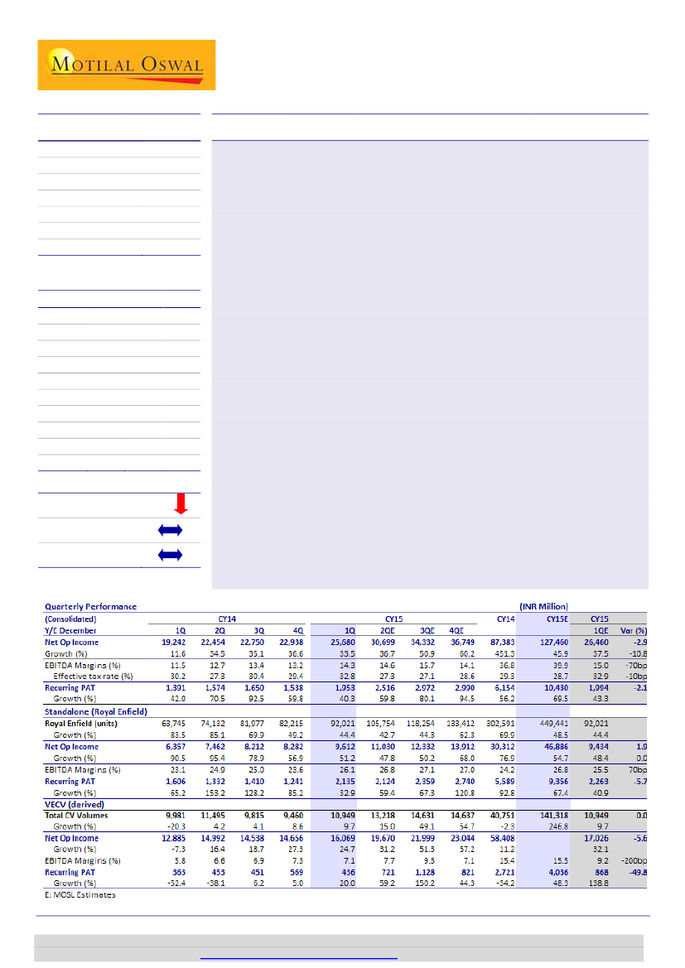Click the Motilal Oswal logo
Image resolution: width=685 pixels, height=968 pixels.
pos(126,65)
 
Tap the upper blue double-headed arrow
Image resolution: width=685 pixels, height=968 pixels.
pos(169,530)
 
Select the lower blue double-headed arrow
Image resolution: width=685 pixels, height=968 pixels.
pos(169,555)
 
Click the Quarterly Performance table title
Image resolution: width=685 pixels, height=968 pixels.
pos(90,606)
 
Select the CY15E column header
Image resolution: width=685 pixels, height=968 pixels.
pos(556,618)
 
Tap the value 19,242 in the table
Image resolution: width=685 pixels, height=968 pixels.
pos(166,642)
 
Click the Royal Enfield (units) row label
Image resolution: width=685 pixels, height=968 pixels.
pos(84,723)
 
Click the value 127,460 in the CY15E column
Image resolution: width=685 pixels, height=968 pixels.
pos(553,642)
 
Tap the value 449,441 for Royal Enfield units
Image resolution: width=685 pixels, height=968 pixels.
pos(553,723)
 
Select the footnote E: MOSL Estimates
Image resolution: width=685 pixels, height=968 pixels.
pos(80,895)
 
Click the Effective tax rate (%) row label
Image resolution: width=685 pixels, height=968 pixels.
pos(91,677)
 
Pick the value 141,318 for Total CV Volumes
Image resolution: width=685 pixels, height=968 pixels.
pos(553,816)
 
